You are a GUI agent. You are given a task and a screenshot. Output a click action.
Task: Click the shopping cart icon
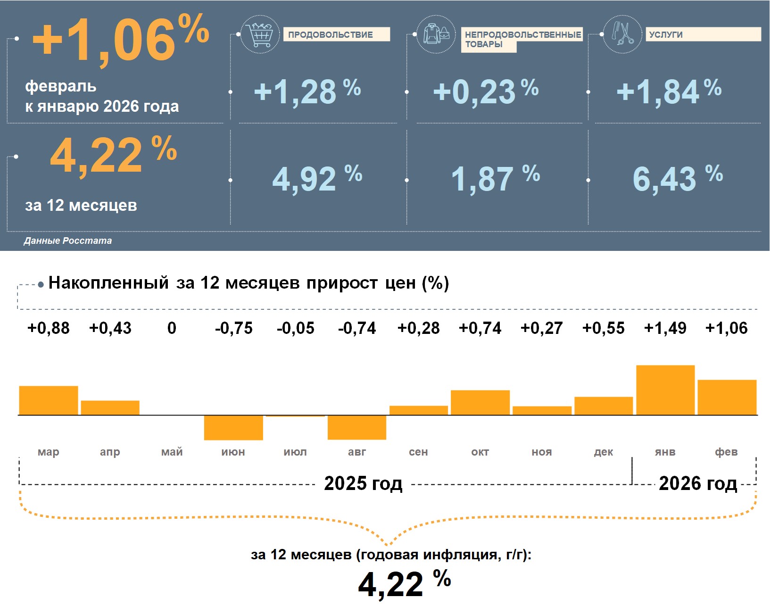(260, 34)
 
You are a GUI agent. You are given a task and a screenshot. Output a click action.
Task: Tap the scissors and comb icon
(622, 34)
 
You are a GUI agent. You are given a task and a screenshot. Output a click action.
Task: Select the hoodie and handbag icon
(436, 34)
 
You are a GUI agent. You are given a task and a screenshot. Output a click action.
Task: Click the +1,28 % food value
(307, 91)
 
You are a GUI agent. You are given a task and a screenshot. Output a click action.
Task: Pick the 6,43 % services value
(677, 179)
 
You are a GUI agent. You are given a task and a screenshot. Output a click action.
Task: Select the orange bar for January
(665, 390)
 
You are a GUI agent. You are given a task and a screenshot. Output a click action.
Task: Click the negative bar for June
(233, 427)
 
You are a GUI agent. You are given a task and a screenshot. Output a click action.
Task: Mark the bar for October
(480, 402)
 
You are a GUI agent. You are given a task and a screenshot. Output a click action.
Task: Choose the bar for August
(357, 427)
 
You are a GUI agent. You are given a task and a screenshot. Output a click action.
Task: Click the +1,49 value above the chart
(665, 328)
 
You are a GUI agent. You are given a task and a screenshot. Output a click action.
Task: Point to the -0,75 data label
(233, 328)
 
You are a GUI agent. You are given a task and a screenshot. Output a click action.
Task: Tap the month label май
(172, 452)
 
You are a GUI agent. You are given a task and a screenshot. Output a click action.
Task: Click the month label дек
(603, 452)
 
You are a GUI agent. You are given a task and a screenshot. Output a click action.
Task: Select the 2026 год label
(697, 483)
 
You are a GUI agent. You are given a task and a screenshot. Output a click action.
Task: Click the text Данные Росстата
(68, 241)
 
